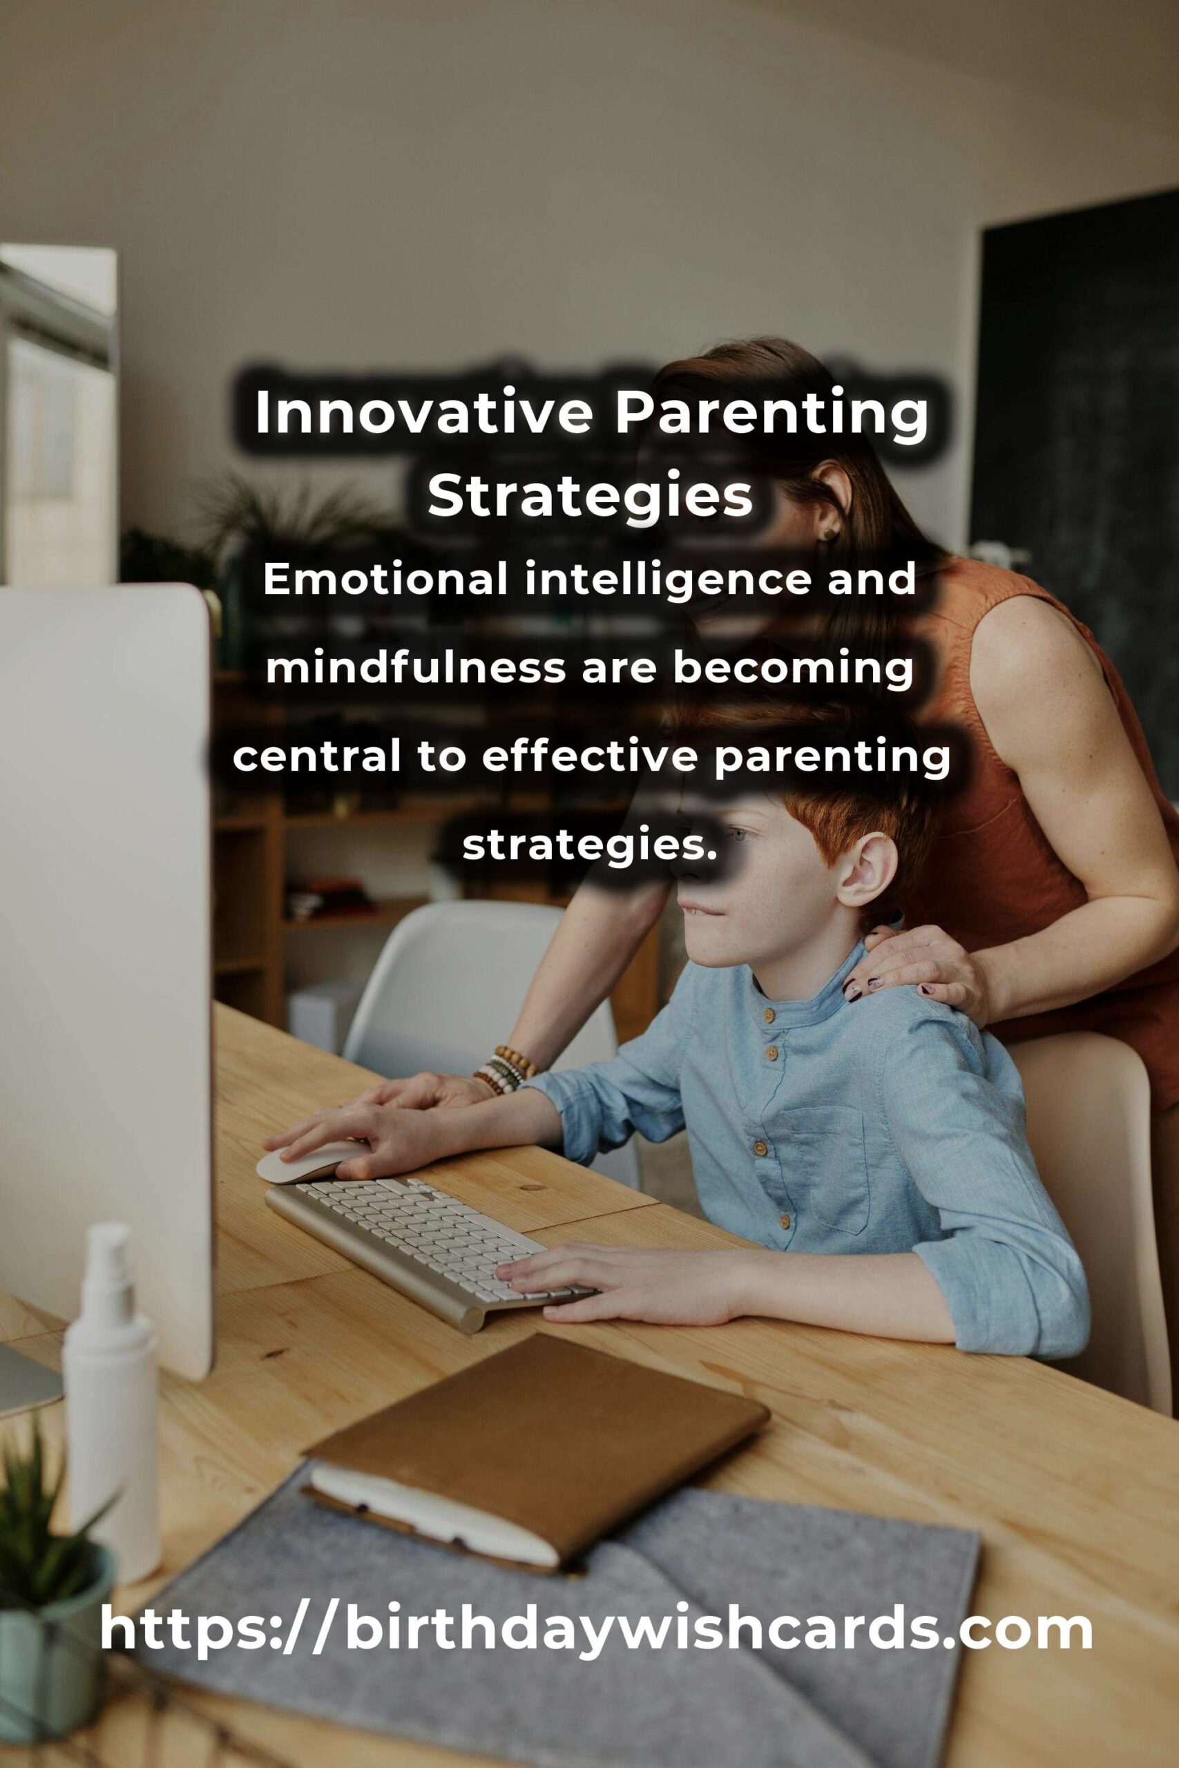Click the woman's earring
coord(828,533)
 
